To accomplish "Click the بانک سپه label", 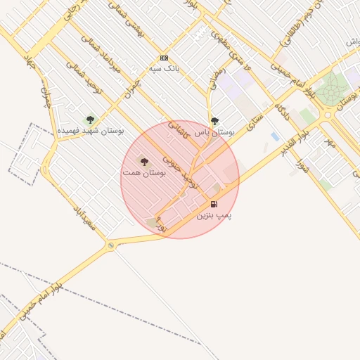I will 165,69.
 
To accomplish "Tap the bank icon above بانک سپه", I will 165,58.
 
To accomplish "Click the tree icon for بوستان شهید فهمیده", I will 89,120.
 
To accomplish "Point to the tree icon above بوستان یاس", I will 214,121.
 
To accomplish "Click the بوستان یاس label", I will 222,131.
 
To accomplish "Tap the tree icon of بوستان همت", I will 144,162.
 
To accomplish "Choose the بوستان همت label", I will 143,172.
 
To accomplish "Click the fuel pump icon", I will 214,204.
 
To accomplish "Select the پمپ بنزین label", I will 214,214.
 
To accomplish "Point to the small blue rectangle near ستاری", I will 274,136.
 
